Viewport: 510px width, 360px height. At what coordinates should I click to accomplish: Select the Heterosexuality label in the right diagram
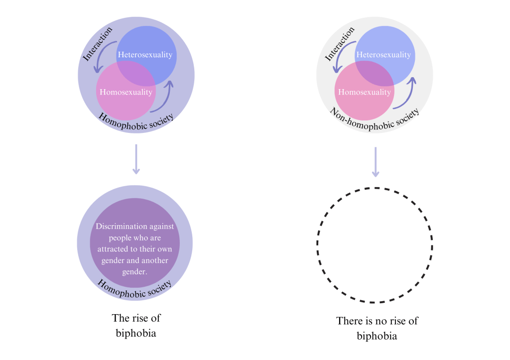pos(383,55)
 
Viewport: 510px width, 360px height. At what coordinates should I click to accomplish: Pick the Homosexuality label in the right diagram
pos(365,92)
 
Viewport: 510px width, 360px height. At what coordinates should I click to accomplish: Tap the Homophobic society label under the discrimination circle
pos(135,288)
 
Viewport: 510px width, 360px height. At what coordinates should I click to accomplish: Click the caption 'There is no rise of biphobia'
pos(377,328)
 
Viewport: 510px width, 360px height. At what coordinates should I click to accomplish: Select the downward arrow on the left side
pos(136,159)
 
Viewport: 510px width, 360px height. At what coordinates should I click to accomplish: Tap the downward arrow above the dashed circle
pos(376,162)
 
